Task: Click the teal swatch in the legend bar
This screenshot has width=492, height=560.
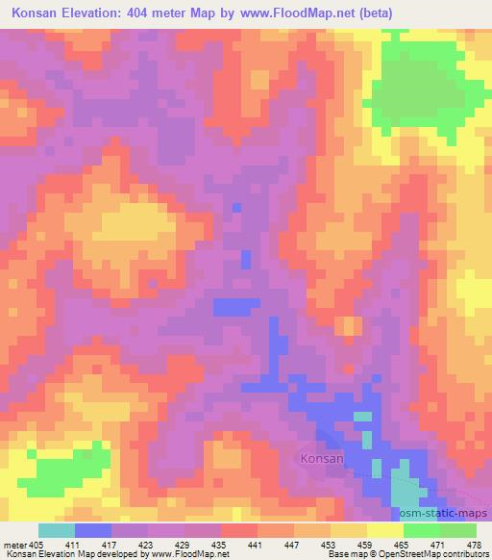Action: pyautogui.click(x=57, y=530)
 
